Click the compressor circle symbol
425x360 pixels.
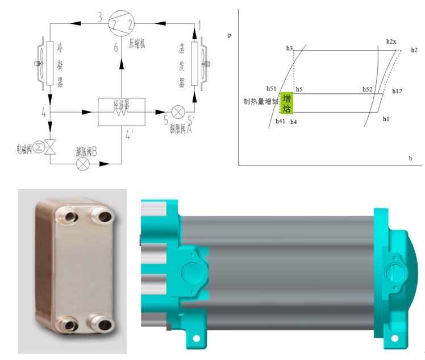pos(122,23)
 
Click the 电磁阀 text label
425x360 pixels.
pos(26,149)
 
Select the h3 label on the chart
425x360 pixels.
pos(289,49)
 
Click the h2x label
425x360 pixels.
pos(390,42)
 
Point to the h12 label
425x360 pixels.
pos(397,91)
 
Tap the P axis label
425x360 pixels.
pos(230,36)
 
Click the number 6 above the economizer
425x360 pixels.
pos(116,48)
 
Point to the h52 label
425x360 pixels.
pos(368,89)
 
